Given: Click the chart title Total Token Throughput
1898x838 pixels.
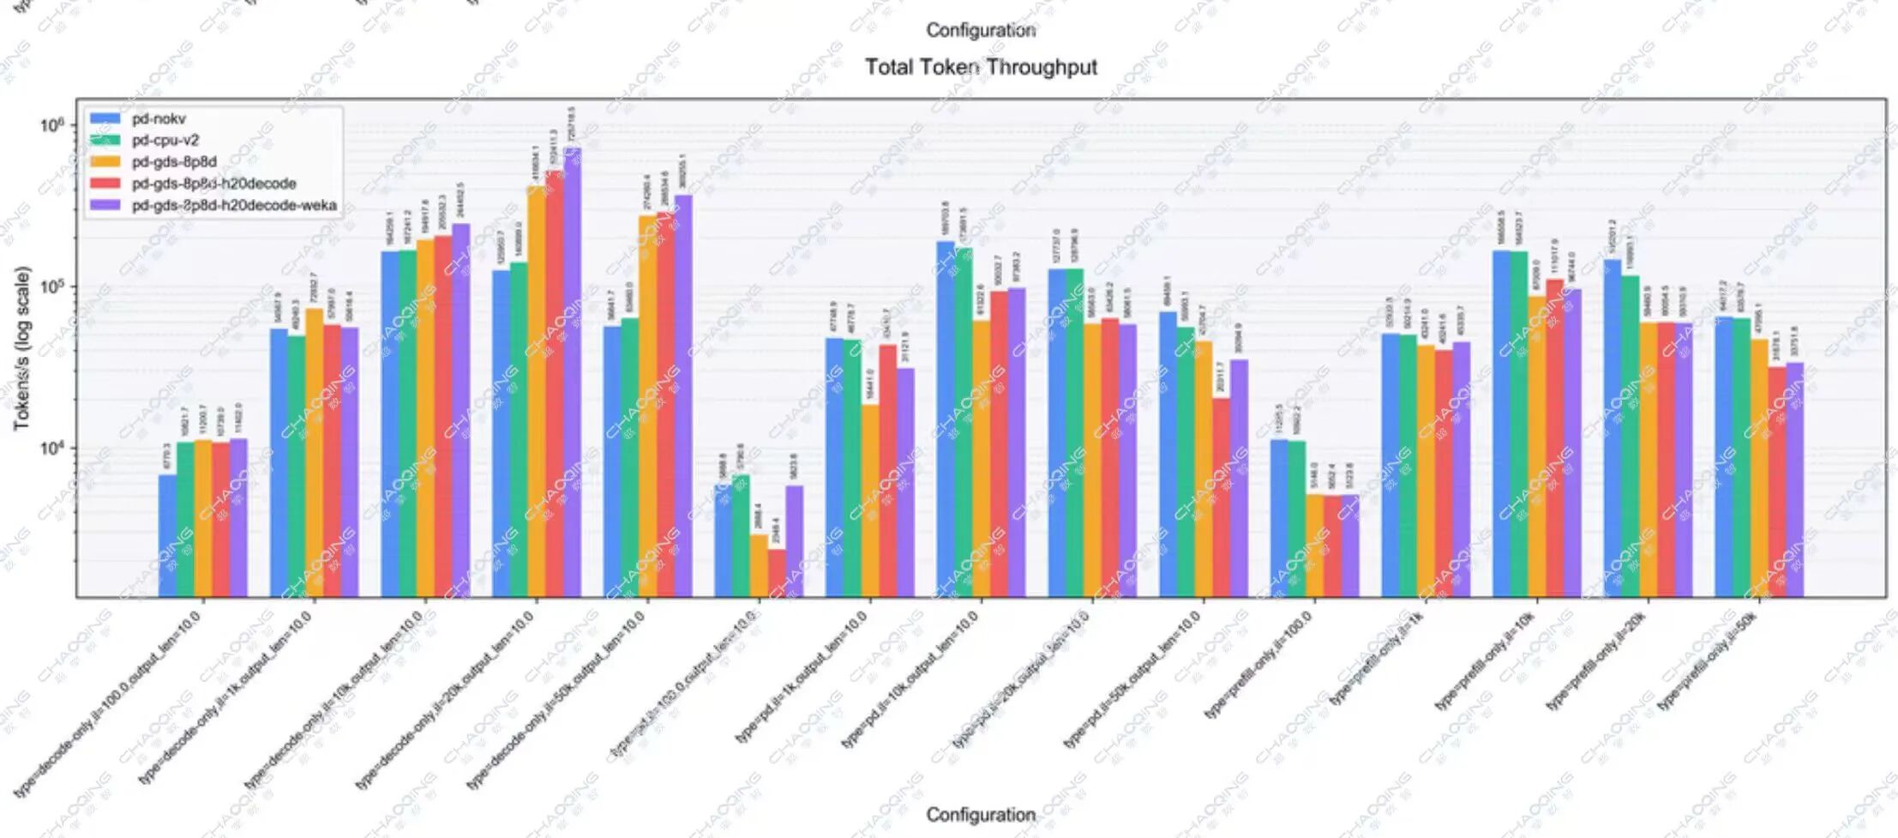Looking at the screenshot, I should click(x=981, y=67).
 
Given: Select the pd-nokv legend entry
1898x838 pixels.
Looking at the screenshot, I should click(x=159, y=118).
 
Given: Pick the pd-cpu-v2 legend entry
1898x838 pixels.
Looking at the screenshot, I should click(x=165, y=140).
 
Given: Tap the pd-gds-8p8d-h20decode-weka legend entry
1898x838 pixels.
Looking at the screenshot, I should click(x=233, y=206).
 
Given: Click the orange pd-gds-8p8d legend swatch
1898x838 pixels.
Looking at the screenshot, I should click(x=105, y=162).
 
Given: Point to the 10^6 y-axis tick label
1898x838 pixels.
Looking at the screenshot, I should click(x=52, y=125).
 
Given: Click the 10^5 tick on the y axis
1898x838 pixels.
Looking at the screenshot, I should click(x=52, y=286).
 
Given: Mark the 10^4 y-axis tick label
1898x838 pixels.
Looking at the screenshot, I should click(x=52, y=448).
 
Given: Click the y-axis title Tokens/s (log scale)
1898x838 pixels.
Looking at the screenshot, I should click(x=21, y=347).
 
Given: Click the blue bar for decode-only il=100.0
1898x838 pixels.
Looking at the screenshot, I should click(x=168, y=535).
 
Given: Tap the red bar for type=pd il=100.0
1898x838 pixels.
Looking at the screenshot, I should click(x=777, y=573).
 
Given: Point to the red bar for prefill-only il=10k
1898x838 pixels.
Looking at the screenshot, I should click(x=1554, y=437).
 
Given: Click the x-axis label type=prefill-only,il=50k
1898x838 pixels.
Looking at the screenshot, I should click(x=1706, y=660).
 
